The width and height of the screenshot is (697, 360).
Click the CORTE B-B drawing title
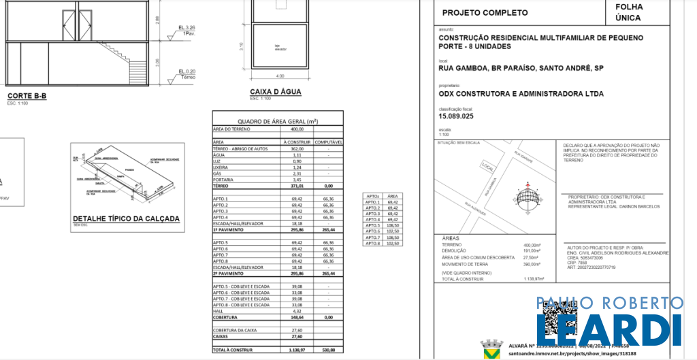27,96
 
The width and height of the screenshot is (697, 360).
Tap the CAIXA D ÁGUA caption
276,91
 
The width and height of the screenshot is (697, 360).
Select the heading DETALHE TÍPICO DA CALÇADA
126,219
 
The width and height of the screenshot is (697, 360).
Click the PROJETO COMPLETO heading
485,12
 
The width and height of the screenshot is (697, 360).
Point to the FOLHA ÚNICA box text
628,13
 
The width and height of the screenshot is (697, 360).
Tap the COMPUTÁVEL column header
328,142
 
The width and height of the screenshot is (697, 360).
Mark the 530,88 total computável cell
328,350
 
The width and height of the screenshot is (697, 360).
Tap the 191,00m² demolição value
532,250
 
